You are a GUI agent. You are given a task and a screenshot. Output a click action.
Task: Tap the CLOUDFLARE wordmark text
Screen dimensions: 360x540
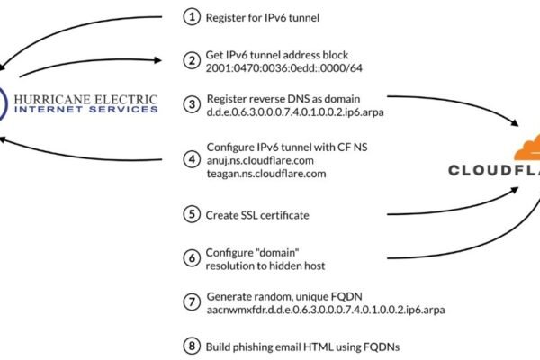click(x=494, y=171)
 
